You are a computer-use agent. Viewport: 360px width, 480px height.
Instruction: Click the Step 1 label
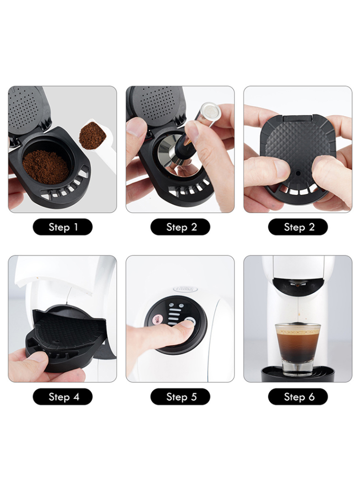[x=62, y=227]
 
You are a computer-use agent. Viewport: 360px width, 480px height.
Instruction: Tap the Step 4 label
[x=62, y=397]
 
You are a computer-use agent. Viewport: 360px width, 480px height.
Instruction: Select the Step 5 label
[x=180, y=397]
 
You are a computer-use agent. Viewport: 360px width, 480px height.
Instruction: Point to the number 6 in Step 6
[x=312, y=397]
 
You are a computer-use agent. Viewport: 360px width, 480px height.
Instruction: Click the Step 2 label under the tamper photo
[x=180, y=227]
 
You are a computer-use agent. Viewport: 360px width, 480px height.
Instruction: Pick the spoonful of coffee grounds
[x=93, y=136]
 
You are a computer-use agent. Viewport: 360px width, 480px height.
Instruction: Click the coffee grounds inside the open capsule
[x=46, y=167]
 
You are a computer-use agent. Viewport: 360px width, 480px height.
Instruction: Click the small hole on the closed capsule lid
[x=298, y=173]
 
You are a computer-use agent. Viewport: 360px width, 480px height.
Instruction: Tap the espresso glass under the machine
[x=298, y=348]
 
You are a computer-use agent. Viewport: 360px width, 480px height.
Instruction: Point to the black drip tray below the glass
[x=298, y=374]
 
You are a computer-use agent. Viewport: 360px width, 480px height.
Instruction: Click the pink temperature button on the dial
[x=158, y=320]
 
